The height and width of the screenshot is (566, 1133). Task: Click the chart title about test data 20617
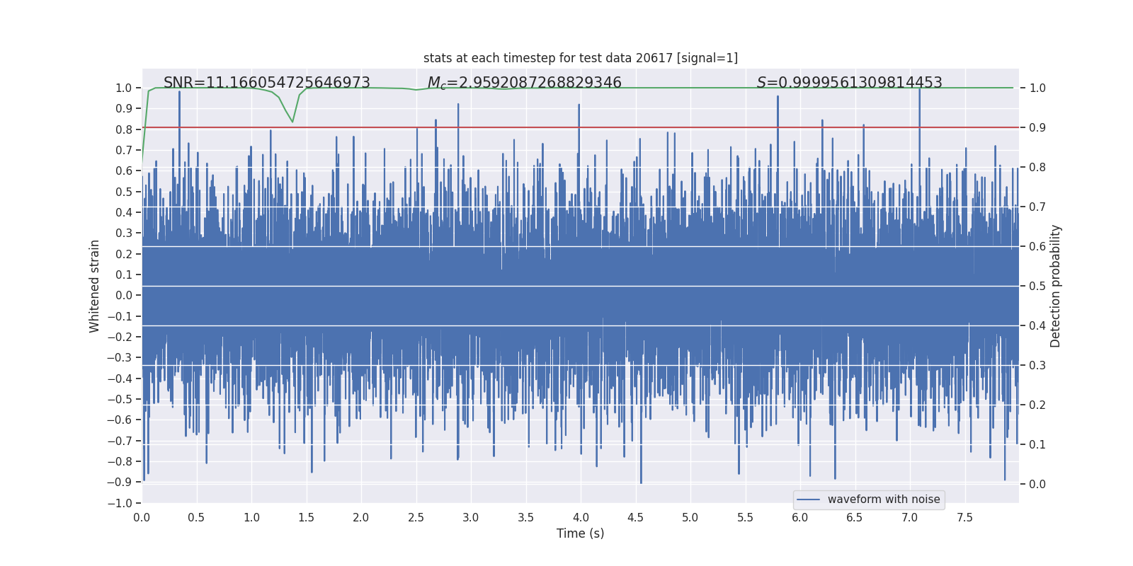(580, 58)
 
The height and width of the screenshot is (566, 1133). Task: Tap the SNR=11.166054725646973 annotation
(266, 83)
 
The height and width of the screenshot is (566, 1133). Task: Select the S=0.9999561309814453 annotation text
(849, 83)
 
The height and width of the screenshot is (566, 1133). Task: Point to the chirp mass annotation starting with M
(524, 83)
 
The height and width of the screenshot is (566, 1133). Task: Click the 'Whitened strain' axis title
(95, 286)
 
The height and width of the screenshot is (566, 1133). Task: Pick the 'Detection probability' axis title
(1056, 286)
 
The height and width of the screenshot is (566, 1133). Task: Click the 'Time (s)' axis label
(580, 533)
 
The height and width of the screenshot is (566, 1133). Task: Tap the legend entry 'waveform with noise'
(883, 499)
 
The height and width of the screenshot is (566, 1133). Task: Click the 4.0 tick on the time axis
(581, 517)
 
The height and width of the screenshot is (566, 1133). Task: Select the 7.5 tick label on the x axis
(964, 517)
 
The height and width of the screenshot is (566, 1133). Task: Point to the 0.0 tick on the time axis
(142, 517)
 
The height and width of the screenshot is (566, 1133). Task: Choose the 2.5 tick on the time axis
(416, 517)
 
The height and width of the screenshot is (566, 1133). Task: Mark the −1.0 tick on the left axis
(120, 503)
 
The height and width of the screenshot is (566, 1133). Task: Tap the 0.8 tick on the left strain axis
(124, 129)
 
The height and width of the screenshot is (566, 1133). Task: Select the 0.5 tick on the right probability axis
(1037, 286)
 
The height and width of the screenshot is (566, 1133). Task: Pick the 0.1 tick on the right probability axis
(1037, 444)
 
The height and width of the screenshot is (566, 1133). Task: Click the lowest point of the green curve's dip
(292, 122)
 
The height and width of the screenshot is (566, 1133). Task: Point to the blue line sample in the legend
(808, 499)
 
